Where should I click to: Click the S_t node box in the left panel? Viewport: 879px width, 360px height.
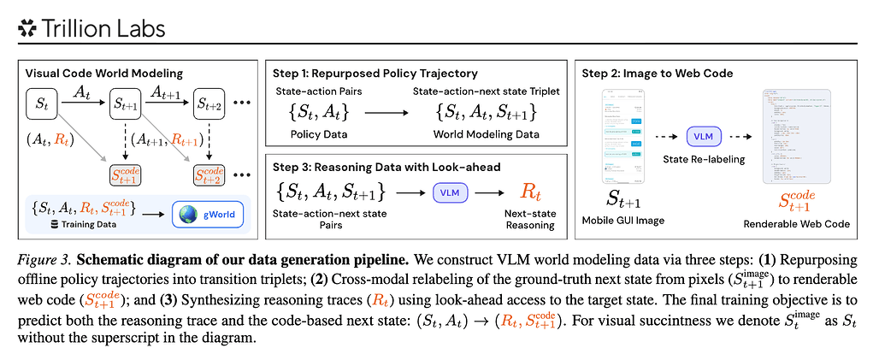[x=42, y=103]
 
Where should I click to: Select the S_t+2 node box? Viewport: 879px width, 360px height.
[x=211, y=103]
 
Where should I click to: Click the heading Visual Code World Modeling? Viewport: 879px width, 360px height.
[x=99, y=73]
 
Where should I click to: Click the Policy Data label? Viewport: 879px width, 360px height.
[x=316, y=134]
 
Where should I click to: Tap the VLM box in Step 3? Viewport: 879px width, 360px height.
[x=450, y=193]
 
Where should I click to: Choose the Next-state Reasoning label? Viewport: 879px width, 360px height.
[x=532, y=221]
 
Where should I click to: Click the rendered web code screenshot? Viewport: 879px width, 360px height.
[x=798, y=137]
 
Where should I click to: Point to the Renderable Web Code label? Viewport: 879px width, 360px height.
[x=797, y=224]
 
